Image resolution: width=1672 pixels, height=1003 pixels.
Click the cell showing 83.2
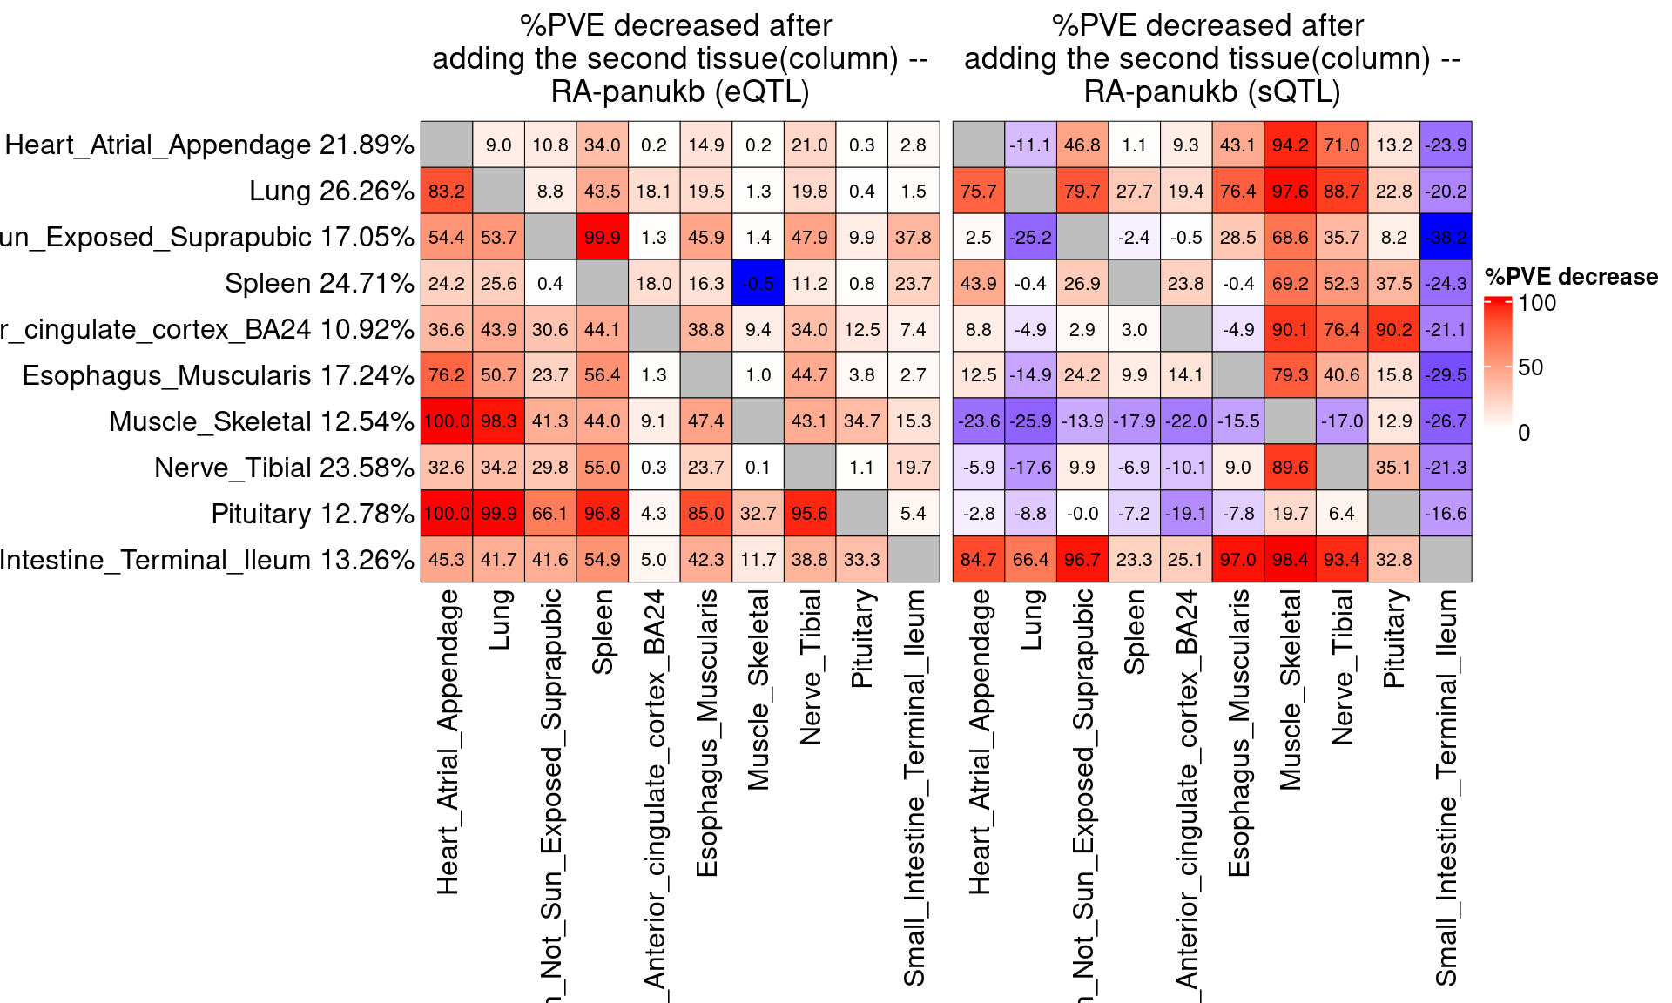point(446,192)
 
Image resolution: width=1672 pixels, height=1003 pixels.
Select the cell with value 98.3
point(498,421)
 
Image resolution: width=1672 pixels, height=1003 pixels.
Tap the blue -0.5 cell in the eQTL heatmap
point(758,284)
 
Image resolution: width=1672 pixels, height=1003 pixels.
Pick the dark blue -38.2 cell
point(1446,238)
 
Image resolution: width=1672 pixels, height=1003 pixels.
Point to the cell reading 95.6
point(810,514)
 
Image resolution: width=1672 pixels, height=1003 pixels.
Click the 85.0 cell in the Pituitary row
point(705,514)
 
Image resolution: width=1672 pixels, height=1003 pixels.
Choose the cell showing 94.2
point(1290,145)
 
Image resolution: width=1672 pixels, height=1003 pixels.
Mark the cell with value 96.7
point(1082,560)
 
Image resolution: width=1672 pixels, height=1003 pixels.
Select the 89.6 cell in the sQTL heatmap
point(1290,468)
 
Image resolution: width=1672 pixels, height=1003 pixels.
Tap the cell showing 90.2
point(1393,330)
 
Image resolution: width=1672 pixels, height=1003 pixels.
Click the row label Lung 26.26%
point(331,192)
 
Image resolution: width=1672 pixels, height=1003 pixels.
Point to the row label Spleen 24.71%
point(319,284)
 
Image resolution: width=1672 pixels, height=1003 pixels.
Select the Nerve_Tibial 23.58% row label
point(284,468)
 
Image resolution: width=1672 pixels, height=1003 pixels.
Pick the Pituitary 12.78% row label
point(312,514)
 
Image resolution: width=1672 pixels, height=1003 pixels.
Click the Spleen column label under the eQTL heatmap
point(603,632)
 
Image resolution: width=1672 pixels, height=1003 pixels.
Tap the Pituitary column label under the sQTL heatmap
point(1393,639)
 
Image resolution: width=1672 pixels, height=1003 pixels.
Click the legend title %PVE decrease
point(1571,277)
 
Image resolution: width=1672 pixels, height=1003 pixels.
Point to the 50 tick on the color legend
point(1530,367)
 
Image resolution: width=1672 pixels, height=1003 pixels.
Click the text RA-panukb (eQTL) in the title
point(680,91)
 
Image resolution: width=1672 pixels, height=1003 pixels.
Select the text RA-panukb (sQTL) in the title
point(1211,91)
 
